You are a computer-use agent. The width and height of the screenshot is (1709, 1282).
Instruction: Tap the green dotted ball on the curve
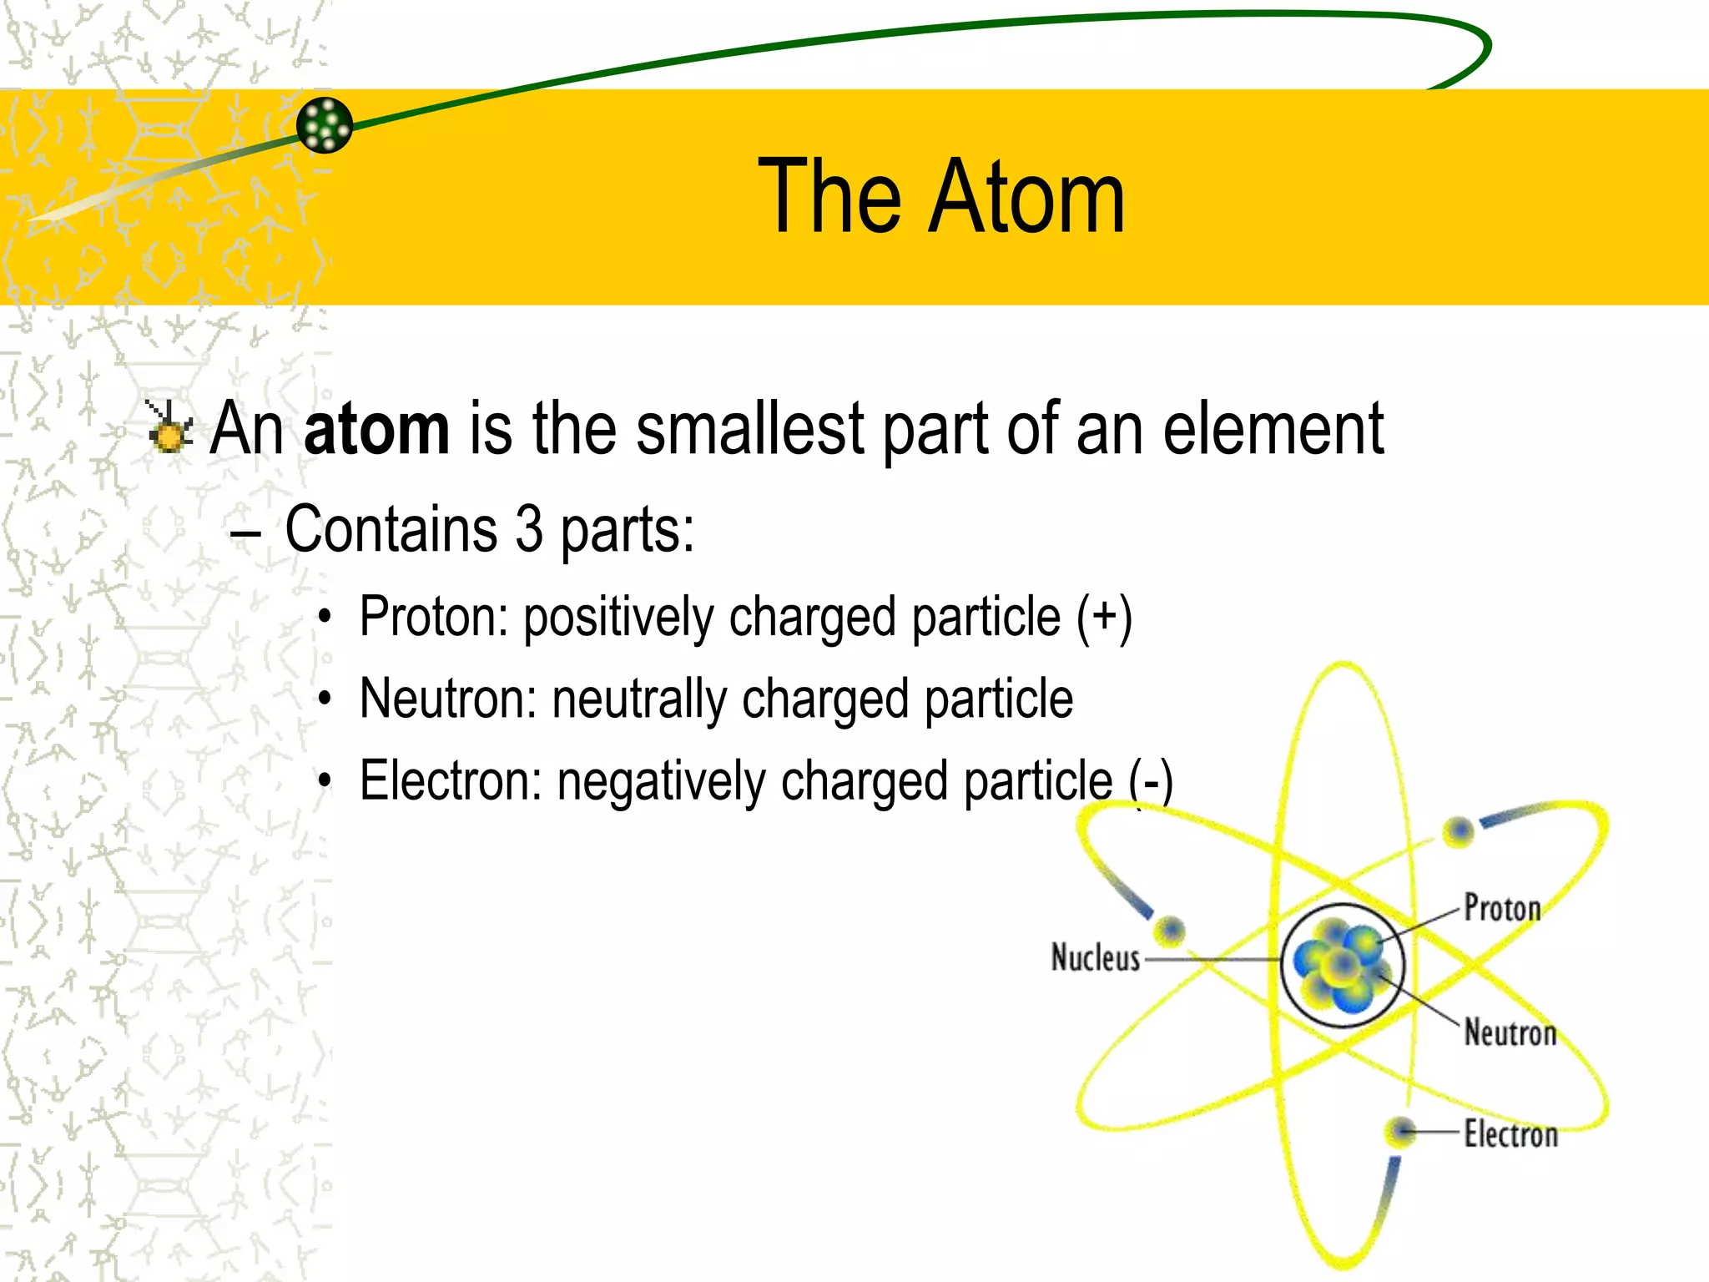325,125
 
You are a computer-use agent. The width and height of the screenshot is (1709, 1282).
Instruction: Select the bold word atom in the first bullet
376,428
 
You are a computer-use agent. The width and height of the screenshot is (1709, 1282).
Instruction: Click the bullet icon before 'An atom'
169,426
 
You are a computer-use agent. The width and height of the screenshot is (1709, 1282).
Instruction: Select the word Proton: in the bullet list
434,618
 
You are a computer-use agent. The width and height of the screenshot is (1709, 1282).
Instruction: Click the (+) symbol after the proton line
1103,618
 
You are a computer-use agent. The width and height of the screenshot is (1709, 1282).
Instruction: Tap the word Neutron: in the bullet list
448,699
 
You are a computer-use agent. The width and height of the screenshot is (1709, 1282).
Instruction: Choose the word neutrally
638,699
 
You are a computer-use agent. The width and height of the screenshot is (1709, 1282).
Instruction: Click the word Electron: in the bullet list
451,781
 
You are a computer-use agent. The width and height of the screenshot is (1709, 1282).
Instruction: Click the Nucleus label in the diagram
1095,958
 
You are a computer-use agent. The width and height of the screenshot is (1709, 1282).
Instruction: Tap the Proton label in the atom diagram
1502,908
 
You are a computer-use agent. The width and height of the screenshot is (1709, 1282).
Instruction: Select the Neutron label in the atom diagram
1510,1033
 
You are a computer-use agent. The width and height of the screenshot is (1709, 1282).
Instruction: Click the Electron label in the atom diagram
1510,1134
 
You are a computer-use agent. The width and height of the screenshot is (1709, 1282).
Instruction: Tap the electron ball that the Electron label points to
1399,1133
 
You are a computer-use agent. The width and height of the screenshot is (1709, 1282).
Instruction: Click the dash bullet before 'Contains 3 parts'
246,531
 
